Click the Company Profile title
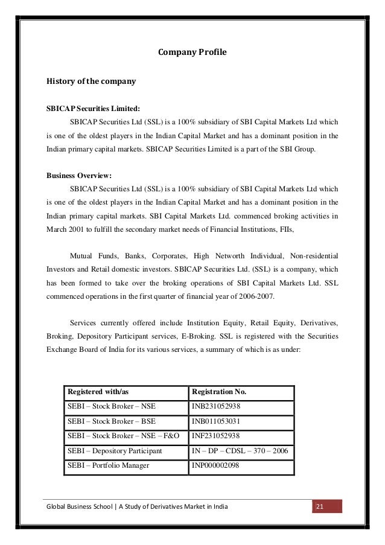pos(192,53)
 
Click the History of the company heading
pos(91,80)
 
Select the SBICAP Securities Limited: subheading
pos(93,109)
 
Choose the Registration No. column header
pos(219,392)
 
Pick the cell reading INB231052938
pos(215,407)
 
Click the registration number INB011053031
pos(215,422)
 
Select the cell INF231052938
pos(215,436)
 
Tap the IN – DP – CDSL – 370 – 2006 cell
pos(240,451)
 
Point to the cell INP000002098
pos(215,466)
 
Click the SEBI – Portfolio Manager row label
pos(109,466)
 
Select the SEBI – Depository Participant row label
pos(115,451)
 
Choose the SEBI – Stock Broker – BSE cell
pos(111,422)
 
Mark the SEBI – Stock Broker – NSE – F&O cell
pos(124,436)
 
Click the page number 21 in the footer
pos(320,506)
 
